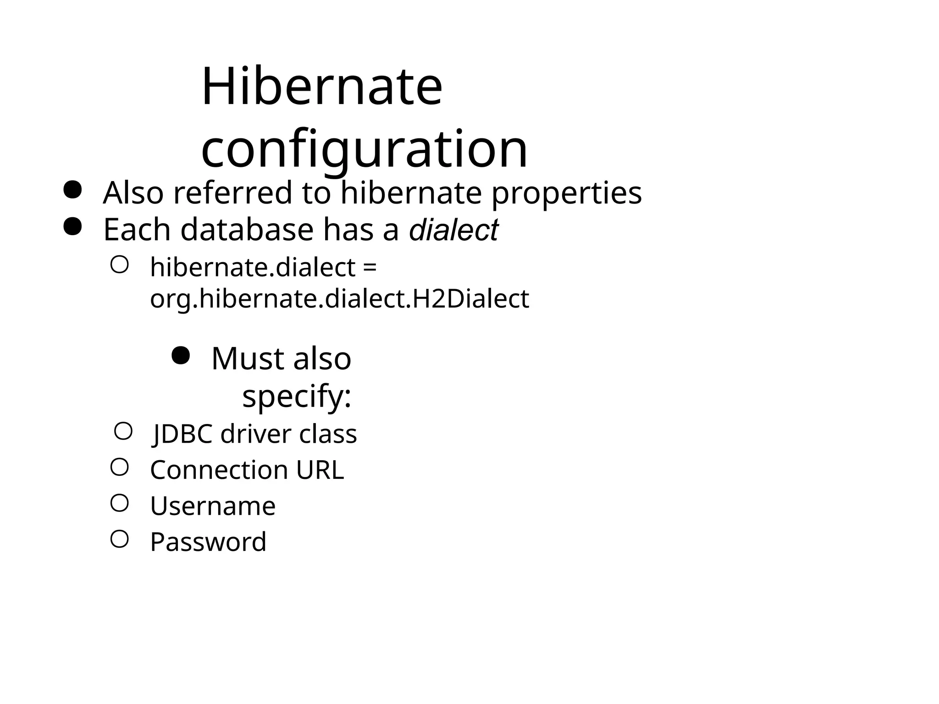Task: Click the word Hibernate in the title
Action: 322,87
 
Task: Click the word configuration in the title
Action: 365,148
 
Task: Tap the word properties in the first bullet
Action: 567,193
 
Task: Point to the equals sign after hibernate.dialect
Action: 370,267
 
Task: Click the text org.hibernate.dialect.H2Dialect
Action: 339,299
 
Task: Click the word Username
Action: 213,506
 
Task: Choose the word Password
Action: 208,542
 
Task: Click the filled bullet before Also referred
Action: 72,190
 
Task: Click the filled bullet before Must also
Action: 180,355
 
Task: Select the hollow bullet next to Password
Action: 119,539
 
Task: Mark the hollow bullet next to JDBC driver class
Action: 123,431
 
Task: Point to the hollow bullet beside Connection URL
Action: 119,467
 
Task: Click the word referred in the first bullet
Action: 232,193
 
